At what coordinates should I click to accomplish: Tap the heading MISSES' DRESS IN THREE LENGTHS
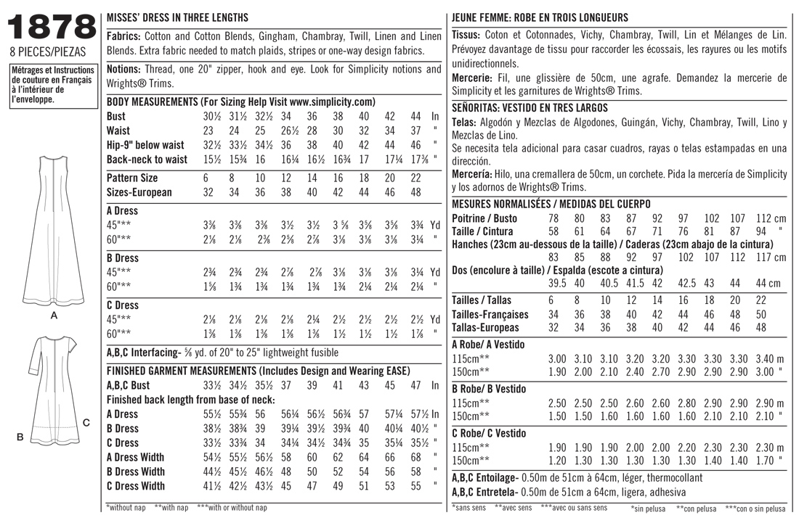tap(177, 17)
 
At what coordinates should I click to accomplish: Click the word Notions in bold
tap(123, 69)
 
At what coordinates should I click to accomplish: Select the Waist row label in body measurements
tap(118, 131)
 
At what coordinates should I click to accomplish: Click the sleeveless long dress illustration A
tap(54, 232)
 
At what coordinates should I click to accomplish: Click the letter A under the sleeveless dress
tap(54, 316)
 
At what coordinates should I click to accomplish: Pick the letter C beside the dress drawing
tap(86, 422)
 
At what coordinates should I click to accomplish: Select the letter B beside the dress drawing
tap(22, 437)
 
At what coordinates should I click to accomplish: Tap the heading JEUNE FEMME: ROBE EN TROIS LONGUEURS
tap(540, 17)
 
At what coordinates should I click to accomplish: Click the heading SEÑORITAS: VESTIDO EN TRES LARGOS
tap(530, 107)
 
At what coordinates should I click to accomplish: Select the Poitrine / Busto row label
tap(484, 218)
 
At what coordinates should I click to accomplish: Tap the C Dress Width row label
tap(135, 486)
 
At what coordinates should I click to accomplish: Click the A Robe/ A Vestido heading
tap(488, 345)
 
